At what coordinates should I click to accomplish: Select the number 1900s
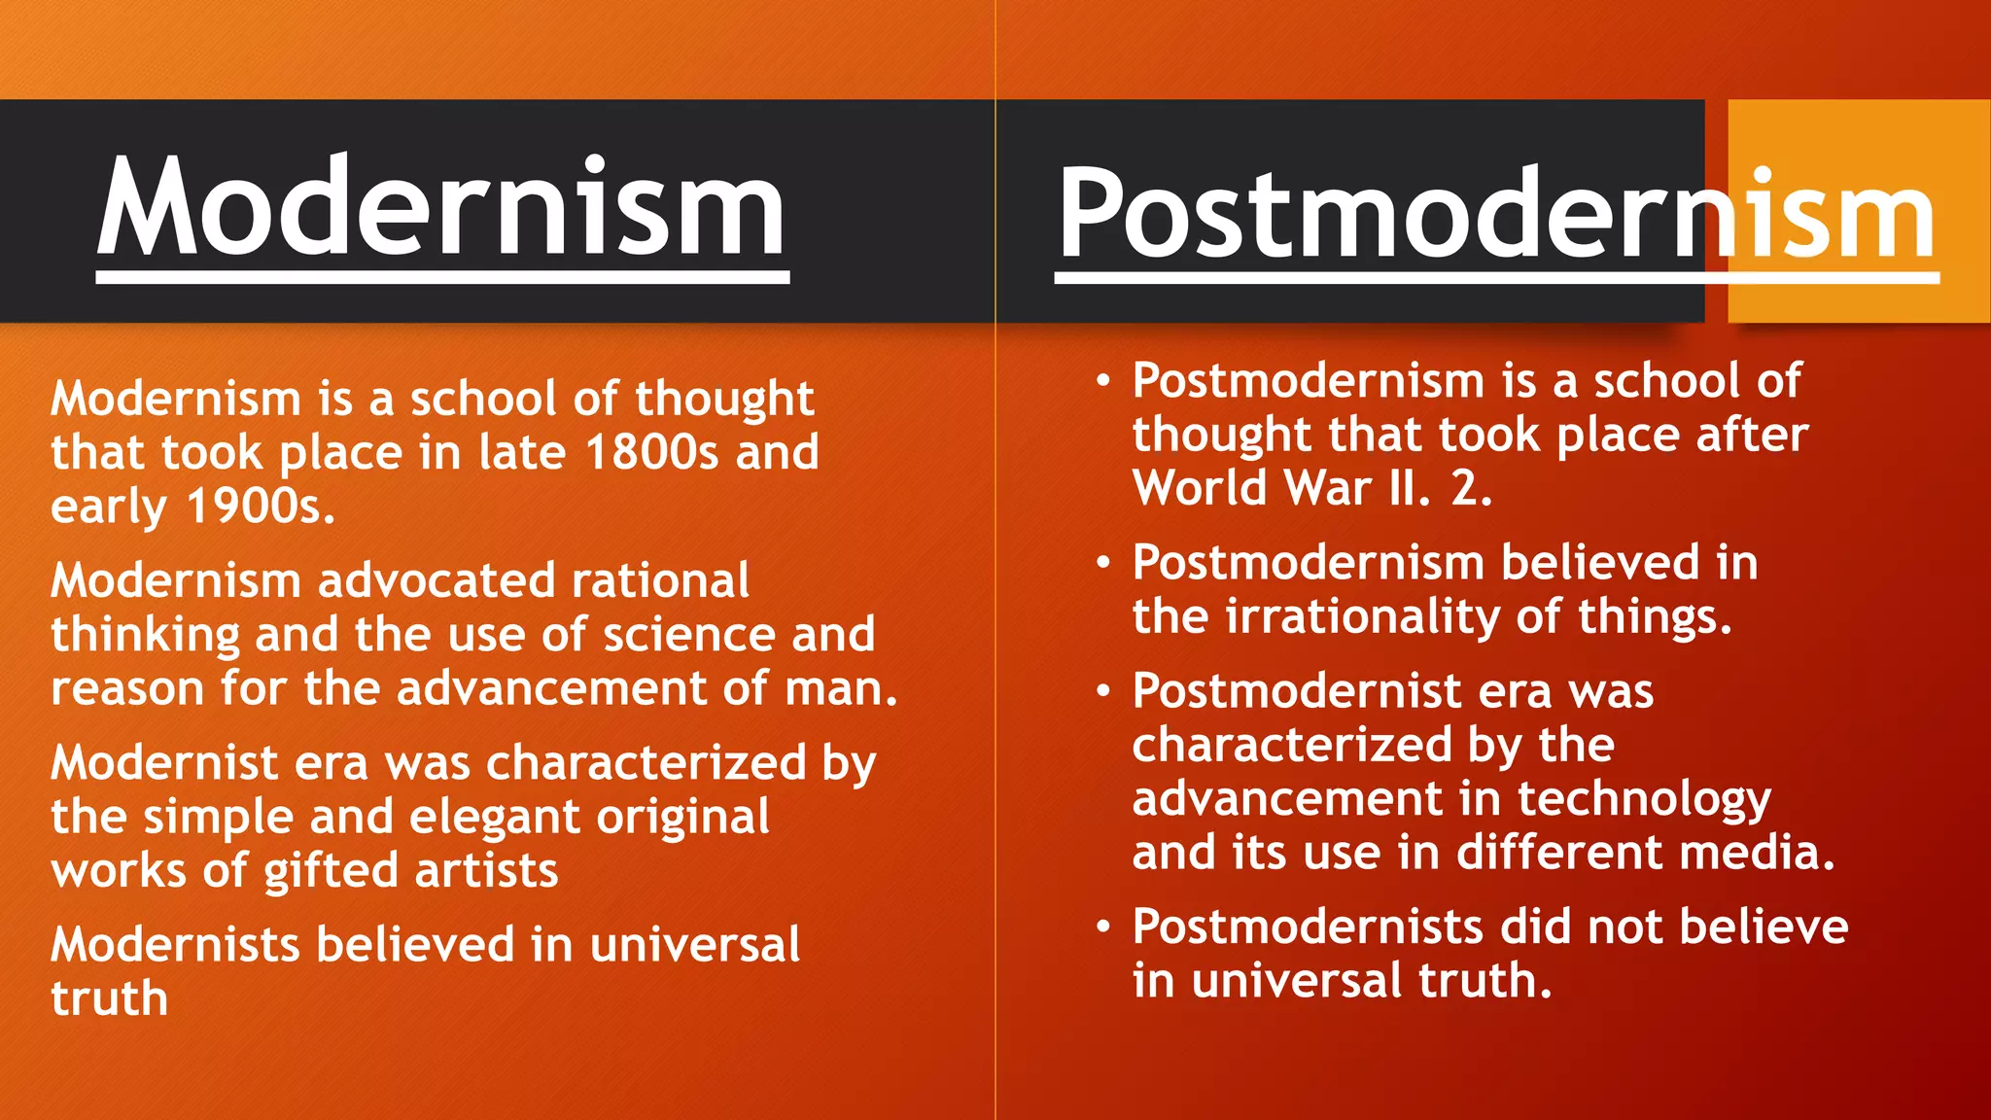coord(259,506)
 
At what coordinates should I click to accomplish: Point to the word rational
coord(660,580)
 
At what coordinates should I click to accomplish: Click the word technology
coord(1644,799)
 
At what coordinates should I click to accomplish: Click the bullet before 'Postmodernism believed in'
coord(1102,563)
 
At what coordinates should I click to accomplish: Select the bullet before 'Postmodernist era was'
coord(1102,691)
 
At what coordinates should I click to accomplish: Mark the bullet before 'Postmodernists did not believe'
coord(1102,927)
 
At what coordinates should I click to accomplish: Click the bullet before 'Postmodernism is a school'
coord(1102,380)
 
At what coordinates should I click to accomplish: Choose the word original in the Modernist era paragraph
coord(682,817)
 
